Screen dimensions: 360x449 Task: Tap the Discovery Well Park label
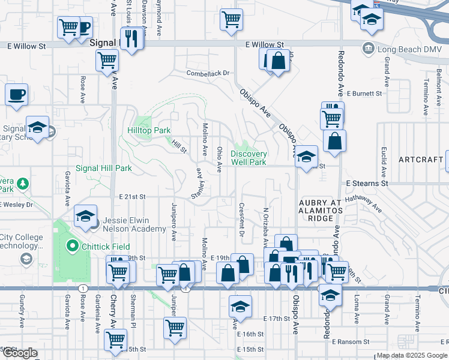[249, 158]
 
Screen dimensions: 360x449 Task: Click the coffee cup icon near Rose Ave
[17, 94]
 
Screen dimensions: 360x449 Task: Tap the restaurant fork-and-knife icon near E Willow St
[130, 38]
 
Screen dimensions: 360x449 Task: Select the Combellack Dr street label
[208, 73]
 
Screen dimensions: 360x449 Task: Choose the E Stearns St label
[367, 182]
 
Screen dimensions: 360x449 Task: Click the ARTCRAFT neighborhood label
[420, 160]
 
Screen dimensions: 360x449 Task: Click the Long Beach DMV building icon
[368, 48]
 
